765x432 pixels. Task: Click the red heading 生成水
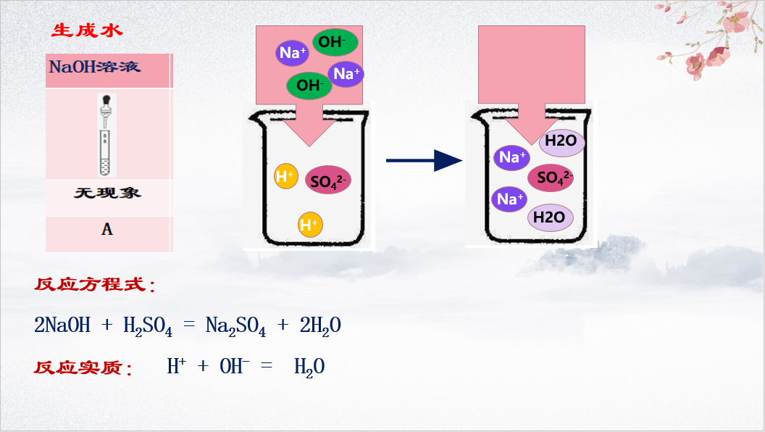88,30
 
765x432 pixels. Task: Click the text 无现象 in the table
107,194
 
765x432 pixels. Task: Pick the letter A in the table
107,230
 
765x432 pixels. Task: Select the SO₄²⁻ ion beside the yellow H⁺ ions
328,180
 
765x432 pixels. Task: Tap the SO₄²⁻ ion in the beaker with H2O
551,177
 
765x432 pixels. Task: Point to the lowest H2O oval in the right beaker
550,217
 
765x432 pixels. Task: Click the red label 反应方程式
94,285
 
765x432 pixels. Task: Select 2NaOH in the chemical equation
62,326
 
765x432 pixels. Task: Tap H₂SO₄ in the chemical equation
148,327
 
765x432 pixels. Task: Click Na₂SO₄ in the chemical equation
235,327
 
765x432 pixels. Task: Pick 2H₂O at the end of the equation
320,327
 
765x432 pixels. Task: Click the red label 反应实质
83,367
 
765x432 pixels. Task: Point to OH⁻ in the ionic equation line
235,367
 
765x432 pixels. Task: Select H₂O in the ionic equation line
309,367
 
